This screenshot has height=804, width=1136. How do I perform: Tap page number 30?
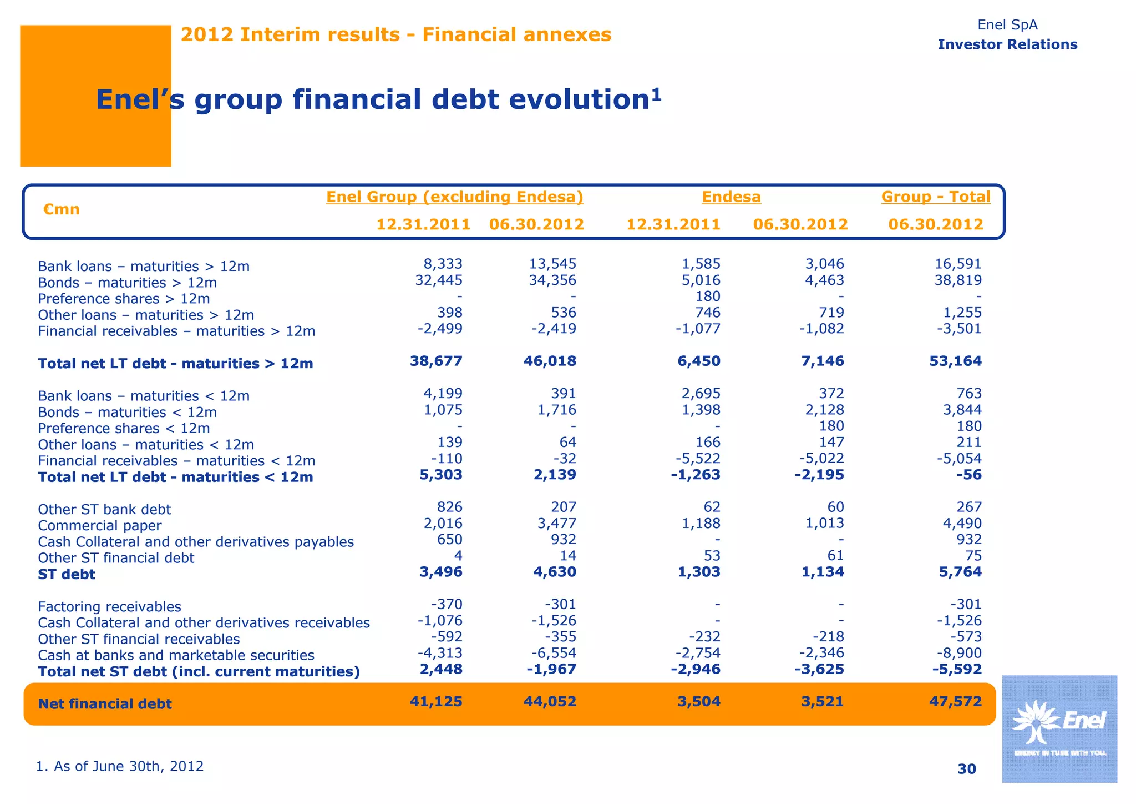coord(966,768)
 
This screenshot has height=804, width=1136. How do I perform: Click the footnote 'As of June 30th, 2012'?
coord(120,766)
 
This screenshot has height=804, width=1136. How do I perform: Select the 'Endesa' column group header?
coord(731,197)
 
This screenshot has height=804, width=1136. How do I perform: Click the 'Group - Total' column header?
coord(935,197)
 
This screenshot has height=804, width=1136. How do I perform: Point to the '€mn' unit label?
coord(61,209)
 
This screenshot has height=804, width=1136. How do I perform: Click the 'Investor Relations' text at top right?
coord(1007,44)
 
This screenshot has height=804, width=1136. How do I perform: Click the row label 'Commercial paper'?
coord(100,525)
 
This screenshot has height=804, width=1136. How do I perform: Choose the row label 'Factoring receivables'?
coord(109,606)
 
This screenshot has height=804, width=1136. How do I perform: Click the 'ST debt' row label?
coord(67,574)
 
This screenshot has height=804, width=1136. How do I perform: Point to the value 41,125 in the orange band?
coord(436,701)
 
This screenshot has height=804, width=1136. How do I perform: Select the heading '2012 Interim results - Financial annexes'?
coord(396,34)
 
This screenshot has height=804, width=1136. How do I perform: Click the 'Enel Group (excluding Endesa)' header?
coord(454,197)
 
